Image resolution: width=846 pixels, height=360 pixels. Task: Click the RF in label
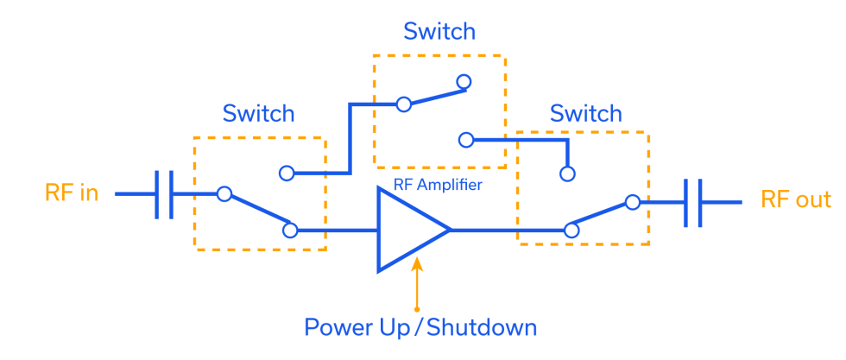(71, 193)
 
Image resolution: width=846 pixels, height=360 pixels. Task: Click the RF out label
(794, 200)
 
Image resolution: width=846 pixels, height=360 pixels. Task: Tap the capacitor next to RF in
(164, 194)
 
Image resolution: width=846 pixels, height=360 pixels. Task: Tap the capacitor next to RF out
(692, 203)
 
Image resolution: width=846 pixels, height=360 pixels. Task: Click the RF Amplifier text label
(438, 185)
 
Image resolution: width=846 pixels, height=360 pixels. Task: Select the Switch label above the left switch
(258, 114)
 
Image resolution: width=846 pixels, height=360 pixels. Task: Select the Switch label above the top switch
(439, 32)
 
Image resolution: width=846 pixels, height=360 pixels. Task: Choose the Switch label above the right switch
(585, 113)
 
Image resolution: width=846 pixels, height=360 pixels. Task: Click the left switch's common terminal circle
(224, 194)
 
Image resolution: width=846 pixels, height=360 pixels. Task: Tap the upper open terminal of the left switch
(287, 174)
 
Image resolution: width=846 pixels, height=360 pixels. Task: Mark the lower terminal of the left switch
(291, 231)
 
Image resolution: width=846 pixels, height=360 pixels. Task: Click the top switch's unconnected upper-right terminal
(464, 83)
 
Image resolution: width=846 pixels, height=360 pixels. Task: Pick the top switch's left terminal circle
(402, 104)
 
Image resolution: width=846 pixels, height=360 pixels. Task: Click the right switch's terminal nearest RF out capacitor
(632, 203)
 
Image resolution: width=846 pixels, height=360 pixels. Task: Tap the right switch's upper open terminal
(567, 174)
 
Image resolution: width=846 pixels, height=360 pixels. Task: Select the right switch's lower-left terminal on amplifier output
(571, 231)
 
